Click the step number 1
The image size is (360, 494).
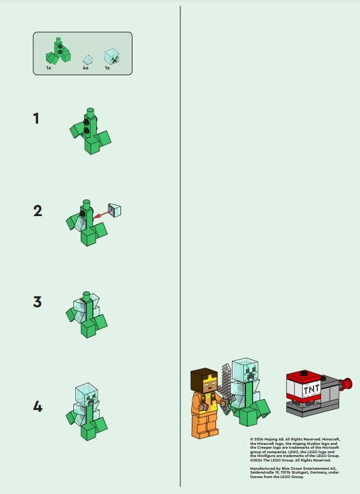click(37, 118)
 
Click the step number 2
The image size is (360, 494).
click(38, 210)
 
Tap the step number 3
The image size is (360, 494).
click(37, 301)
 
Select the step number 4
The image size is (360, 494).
click(38, 405)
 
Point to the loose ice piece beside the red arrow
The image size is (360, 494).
click(115, 209)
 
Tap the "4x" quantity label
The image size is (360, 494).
click(85, 67)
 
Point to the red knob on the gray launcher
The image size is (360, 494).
click(348, 383)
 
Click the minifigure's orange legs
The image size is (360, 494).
click(203, 424)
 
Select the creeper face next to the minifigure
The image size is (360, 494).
click(245, 369)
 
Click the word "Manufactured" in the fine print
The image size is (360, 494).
click(261, 468)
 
